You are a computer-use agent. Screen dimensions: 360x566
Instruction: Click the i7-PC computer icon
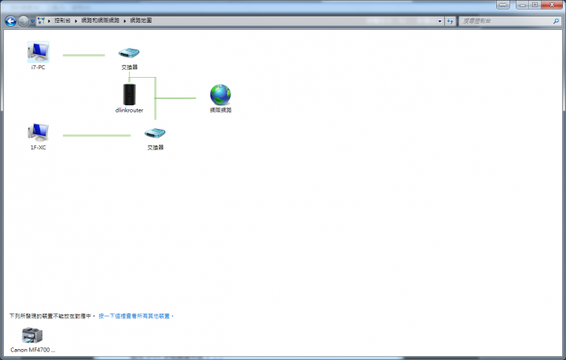[x=38, y=52]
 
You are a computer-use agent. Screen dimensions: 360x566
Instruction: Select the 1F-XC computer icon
[x=38, y=132]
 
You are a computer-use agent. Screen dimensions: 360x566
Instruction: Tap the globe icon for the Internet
[x=220, y=95]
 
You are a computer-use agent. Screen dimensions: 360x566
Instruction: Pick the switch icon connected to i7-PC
[x=129, y=53]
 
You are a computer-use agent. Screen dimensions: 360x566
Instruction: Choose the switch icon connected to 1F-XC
[x=155, y=134]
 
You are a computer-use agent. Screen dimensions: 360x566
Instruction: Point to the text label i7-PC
[x=38, y=67]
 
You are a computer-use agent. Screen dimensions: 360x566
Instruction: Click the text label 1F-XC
[x=38, y=147]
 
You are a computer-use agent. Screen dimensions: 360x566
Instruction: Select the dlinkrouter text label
[x=130, y=110]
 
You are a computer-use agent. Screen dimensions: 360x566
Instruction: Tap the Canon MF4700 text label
[x=33, y=349]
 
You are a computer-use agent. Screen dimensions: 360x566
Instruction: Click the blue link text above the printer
[x=136, y=315]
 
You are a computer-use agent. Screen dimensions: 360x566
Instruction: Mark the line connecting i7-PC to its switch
[x=83, y=56]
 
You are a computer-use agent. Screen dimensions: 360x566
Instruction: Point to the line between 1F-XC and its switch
[x=97, y=136]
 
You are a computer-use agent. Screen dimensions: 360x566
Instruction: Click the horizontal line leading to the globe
[x=176, y=98]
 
